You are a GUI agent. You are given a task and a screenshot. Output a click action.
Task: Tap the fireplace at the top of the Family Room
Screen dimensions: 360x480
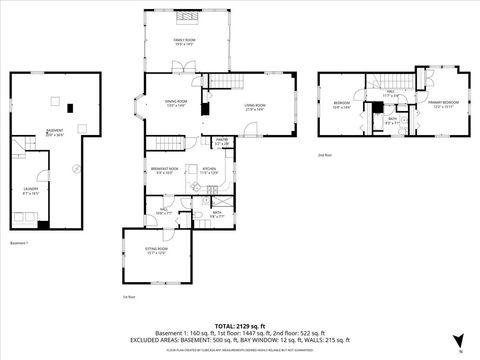[x=187, y=17]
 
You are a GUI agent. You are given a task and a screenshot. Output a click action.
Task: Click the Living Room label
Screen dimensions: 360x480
[x=254, y=107]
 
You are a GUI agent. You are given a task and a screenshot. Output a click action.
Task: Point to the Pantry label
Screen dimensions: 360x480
[x=222, y=142]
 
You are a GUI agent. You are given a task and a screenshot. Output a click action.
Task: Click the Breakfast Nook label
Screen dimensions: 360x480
[x=165, y=170]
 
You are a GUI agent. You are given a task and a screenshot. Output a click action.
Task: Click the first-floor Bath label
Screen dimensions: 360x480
[x=217, y=214]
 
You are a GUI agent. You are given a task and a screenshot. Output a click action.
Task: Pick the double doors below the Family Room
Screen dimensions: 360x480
[x=176, y=67]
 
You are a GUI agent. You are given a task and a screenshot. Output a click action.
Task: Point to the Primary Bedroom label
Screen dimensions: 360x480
[x=444, y=103]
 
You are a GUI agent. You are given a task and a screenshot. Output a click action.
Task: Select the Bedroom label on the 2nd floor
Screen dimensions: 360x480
[x=342, y=106]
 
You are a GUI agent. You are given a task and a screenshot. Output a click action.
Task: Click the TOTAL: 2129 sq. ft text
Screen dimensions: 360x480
[x=239, y=327]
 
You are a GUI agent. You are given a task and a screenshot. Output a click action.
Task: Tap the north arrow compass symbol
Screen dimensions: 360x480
[x=459, y=341]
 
